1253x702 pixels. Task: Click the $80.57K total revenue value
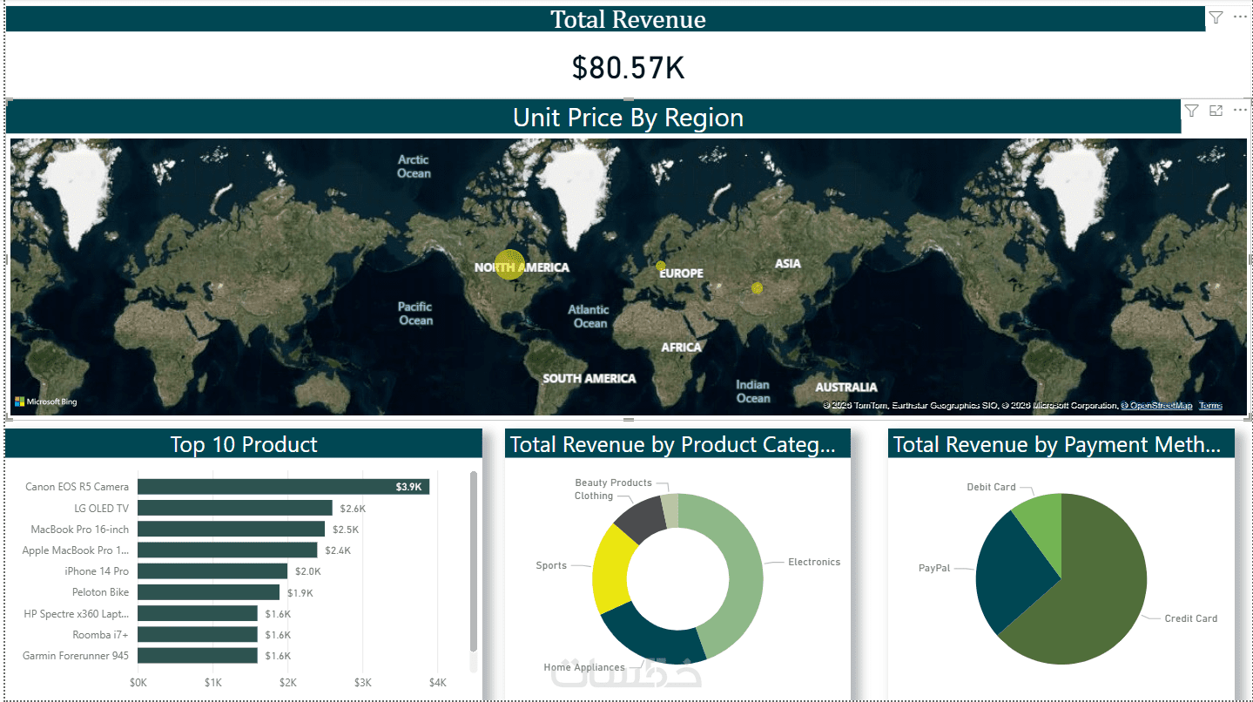628,68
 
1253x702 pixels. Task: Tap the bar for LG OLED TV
234,508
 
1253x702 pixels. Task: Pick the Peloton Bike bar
208,592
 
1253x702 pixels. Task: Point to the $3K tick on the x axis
363,682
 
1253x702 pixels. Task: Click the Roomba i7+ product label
100,635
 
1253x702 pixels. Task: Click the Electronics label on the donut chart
813,563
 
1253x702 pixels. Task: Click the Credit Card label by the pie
1190,618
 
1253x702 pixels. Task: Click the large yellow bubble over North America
509,265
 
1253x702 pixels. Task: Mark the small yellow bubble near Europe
661,266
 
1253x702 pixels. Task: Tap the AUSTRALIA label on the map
845,387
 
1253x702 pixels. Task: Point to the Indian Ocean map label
753,391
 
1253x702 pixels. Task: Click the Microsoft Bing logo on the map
45,402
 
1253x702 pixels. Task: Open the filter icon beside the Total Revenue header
1216,17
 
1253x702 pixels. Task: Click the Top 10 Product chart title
244,444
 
